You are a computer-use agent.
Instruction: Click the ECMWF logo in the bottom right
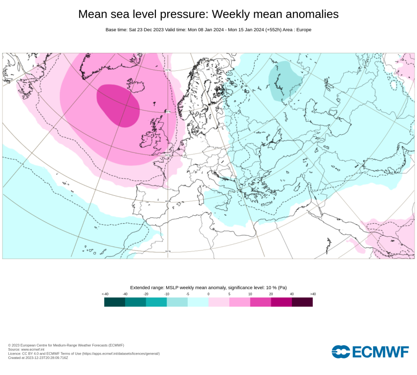(370, 352)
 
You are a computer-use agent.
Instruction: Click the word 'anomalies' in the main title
(307, 14)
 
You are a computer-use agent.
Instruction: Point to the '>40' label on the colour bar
(313, 294)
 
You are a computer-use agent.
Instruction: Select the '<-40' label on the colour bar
(105, 294)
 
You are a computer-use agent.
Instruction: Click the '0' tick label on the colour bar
(208, 294)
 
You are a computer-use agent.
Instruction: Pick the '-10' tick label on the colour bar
(167, 294)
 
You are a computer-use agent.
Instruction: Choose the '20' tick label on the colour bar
(271, 294)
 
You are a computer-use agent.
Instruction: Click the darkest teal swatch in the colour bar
(114, 302)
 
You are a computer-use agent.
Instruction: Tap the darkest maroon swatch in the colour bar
(302, 302)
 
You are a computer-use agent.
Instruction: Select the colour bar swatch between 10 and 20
(261, 302)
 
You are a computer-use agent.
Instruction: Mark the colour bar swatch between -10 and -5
(177, 302)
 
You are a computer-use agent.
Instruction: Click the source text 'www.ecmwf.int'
(33, 349)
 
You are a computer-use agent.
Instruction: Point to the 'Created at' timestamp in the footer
(38, 357)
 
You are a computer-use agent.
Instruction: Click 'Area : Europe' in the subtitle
(295, 30)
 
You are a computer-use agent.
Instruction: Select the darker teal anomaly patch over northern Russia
(284, 81)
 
